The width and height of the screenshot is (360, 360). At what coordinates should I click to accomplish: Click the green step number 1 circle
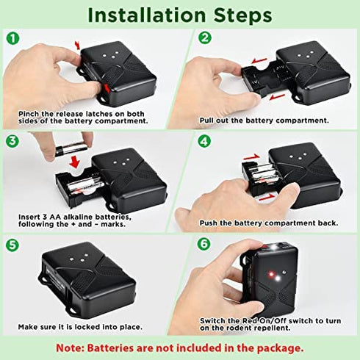[x=10, y=36]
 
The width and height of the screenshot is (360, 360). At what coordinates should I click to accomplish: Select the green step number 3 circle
[x=10, y=140]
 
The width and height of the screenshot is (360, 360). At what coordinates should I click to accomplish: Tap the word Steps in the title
[x=242, y=14]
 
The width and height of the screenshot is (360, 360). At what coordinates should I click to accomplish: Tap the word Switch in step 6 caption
[x=215, y=321]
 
